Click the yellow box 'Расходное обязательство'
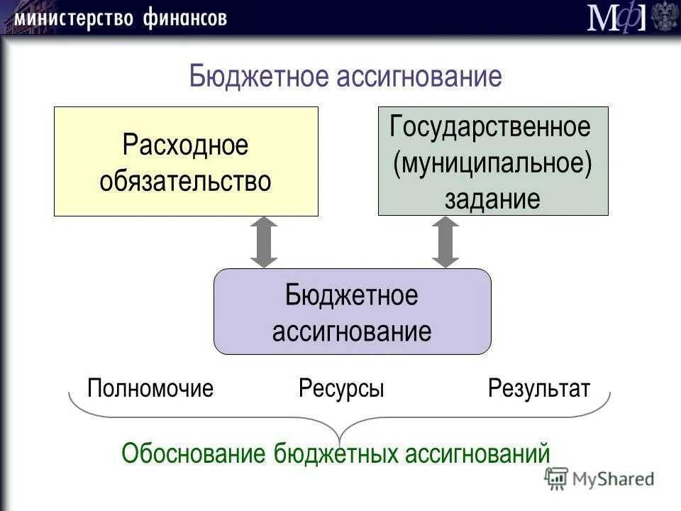(x=186, y=162)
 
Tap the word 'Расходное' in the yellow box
(x=185, y=145)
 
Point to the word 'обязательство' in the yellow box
(x=185, y=180)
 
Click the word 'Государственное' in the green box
(x=490, y=128)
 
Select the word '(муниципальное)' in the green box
(x=493, y=163)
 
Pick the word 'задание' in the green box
(x=492, y=199)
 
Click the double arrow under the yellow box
(x=265, y=242)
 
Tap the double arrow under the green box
(x=445, y=242)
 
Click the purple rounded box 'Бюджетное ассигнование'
(x=352, y=312)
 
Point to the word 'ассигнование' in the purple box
(x=352, y=330)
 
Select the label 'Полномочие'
(x=150, y=388)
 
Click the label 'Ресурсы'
(x=341, y=389)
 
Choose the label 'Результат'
(x=539, y=388)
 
